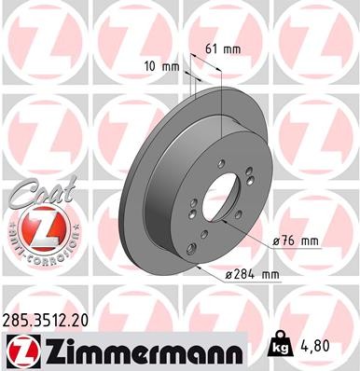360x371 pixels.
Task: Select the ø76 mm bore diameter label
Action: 296,240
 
